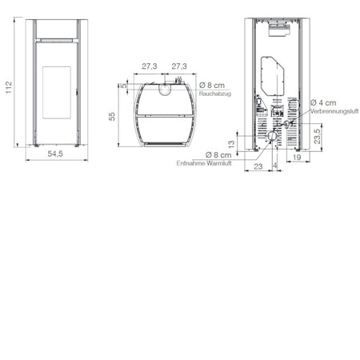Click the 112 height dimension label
coord(9,87)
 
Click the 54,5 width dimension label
coord(55,154)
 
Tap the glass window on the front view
coord(57,93)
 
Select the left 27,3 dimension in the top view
coord(150,66)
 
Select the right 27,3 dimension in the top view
coord(179,66)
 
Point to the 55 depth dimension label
coord(112,116)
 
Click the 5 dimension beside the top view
coord(124,86)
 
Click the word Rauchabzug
coord(215,94)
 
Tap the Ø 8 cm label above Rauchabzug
coord(212,86)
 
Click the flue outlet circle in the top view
coord(166,89)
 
